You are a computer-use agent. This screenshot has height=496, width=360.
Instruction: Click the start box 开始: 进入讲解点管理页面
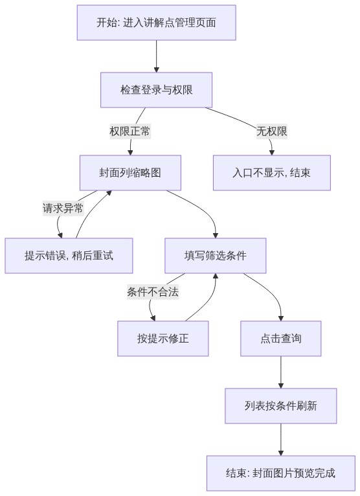point(156,23)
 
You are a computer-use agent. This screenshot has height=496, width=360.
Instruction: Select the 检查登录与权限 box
point(156,90)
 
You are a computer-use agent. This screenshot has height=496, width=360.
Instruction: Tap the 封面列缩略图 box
point(130,173)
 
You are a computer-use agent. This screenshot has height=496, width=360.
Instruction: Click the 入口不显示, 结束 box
point(272,173)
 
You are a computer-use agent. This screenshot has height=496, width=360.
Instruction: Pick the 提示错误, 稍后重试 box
point(69,256)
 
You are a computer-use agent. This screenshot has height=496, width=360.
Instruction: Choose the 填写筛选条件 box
point(216,256)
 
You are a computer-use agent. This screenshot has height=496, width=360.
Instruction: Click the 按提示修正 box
point(163,339)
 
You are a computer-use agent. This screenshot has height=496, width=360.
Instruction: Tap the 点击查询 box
point(281,339)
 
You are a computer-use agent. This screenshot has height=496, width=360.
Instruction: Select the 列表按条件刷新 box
point(281,406)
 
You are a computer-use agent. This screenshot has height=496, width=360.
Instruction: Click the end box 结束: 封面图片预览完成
point(281,473)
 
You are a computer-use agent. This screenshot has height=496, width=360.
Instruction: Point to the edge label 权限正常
point(130,131)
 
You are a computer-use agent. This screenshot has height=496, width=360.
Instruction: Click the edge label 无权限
point(272,131)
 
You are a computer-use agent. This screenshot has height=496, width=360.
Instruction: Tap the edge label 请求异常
point(63,208)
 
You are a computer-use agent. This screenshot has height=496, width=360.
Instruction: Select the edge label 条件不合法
point(153,291)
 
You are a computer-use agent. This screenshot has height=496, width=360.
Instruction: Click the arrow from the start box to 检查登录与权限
point(156,56)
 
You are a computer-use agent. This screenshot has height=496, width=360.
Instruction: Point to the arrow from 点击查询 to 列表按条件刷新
point(281,372)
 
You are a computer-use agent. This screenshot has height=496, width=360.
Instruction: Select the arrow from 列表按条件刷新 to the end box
point(281,440)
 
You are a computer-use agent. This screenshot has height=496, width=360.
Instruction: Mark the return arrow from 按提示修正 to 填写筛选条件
point(209,300)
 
